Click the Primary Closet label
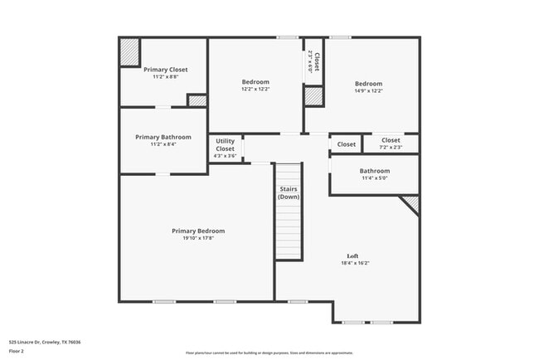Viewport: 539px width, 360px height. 166,70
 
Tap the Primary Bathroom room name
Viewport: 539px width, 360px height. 163,137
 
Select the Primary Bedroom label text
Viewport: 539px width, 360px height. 198,231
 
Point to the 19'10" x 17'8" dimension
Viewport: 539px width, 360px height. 198,238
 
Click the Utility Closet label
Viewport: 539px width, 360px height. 226,144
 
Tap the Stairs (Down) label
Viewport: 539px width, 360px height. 289,193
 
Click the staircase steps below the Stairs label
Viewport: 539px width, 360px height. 289,232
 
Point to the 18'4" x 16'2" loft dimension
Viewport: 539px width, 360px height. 355,263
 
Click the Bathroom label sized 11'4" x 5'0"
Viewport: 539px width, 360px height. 375,171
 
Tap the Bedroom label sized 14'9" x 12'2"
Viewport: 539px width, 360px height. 369,84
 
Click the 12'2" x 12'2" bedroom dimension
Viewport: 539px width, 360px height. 255,89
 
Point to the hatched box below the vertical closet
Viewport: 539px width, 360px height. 313,95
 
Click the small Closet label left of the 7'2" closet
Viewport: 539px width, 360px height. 347,144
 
